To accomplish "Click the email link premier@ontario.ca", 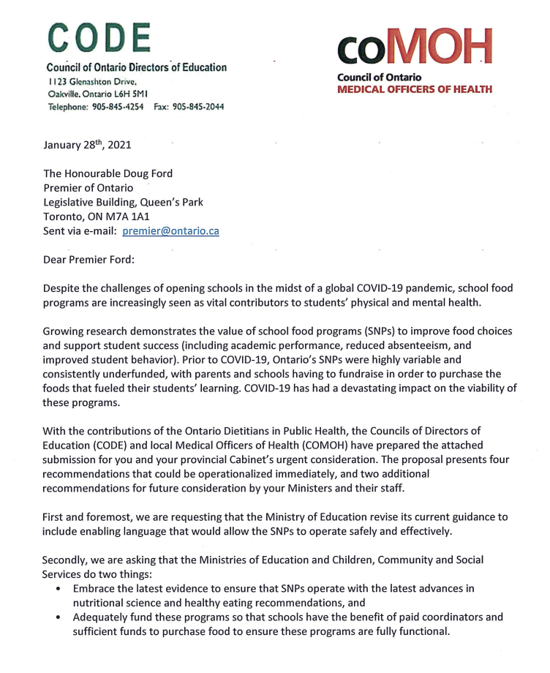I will [170, 230].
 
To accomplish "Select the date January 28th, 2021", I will [87, 145].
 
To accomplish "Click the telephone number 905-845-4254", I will [118, 107].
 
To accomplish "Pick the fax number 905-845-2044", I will [197, 107].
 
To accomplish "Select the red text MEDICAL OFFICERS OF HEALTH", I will [414, 89].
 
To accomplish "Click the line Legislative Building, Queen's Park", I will [123, 202].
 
